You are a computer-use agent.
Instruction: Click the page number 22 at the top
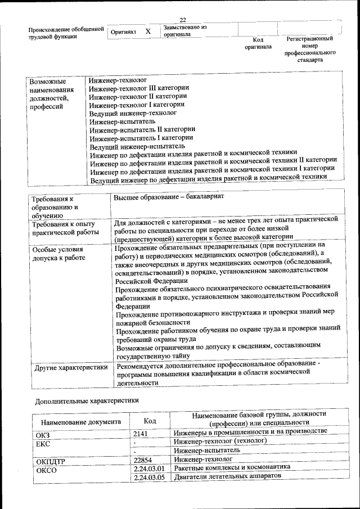tap(183, 20)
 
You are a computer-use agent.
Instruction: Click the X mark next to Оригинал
tap(148, 32)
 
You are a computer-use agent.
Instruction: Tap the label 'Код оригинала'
tap(258, 43)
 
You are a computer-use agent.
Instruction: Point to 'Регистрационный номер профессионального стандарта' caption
tap(309, 49)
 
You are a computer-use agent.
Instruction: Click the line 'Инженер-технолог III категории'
tap(139, 88)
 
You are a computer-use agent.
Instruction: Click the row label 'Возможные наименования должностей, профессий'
tap(52, 94)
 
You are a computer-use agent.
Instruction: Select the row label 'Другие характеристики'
tap(71, 368)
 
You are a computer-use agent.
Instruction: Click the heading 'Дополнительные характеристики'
tap(87, 400)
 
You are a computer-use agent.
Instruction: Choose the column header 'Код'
tap(150, 420)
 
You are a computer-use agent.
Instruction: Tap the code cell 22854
tap(143, 460)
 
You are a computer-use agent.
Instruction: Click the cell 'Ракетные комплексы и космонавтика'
tap(232, 468)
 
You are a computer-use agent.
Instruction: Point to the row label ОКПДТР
tap(51, 461)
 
